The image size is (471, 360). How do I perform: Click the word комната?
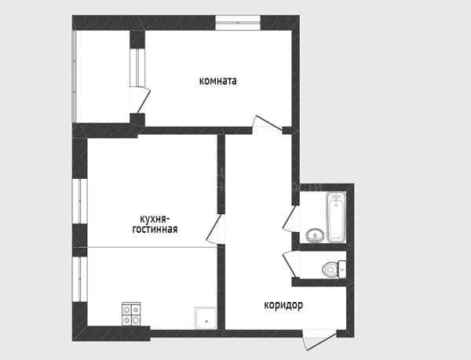[217, 81]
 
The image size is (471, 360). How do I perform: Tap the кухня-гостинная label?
[155, 224]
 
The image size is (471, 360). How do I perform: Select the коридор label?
[283, 305]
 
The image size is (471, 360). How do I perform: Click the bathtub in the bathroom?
[336, 217]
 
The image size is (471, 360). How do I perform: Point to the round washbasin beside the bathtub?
[315, 235]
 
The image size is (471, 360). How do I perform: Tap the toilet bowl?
[330, 269]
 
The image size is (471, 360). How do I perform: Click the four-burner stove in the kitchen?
[131, 314]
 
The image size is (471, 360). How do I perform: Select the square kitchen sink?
[206, 318]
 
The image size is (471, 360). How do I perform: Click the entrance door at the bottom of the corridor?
[319, 340]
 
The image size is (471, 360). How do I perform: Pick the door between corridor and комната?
[267, 124]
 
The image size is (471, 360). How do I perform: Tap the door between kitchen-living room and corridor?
[215, 229]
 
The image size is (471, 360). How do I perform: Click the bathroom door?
[290, 218]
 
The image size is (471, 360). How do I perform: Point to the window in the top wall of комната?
[238, 23]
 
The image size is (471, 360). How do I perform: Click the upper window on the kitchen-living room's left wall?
[79, 201]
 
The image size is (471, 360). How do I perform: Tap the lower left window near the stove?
[79, 279]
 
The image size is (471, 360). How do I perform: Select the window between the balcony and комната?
[137, 67]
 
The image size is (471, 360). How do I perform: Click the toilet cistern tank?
[342, 269]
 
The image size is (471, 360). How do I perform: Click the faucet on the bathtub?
[336, 198]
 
